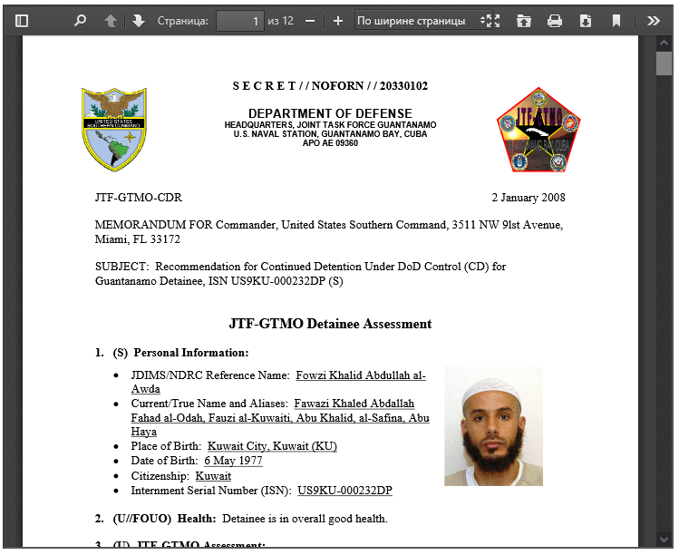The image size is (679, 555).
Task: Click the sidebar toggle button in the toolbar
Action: pos(22,20)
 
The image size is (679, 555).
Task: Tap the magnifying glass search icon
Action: pos(80,20)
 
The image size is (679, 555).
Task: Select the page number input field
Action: pos(239,20)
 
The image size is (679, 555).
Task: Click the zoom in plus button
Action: pos(338,20)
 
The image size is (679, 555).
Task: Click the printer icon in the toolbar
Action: pos(555,20)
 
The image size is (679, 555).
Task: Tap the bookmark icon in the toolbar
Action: pos(616,20)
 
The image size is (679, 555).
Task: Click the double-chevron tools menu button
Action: pos(653,20)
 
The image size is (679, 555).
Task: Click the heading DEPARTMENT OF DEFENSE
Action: pos(330,112)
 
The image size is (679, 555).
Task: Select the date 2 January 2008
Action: pos(529,198)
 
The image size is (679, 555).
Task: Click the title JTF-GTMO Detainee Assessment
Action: pos(330,324)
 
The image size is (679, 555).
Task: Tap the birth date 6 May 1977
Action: pos(233,461)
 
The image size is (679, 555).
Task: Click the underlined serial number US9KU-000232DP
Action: pos(344,491)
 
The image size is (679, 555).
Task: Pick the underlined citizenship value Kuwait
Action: pos(213,476)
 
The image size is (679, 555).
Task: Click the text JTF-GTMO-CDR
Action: pos(138,198)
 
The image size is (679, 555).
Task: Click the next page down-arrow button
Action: pos(138,20)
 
